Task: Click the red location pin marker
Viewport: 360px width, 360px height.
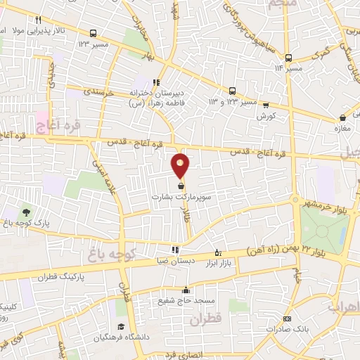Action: (x=181, y=165)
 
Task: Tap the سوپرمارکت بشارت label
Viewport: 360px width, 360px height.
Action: (x=181, y=198)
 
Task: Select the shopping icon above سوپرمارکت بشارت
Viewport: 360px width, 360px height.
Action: (x=181, y=186)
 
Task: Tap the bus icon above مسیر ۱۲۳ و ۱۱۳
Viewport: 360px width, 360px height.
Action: (x=232, y=91)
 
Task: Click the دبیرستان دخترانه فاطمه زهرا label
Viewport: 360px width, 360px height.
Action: (x=157, y=98)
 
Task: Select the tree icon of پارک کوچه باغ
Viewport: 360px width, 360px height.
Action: (x=26, y=212)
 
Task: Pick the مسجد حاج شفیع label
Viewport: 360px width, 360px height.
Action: (x=186, y=301)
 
